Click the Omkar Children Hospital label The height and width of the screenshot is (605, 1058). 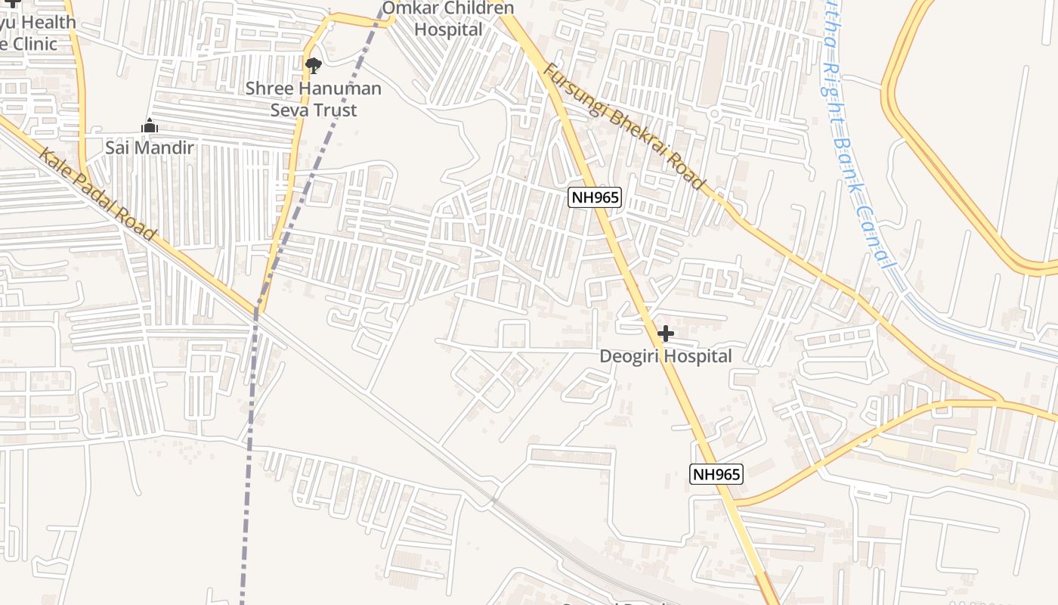click(x=448, y=19)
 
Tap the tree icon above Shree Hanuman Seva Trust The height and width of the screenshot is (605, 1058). click(x=313, y=66)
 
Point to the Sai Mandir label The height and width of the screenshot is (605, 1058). click(x=150, y=147)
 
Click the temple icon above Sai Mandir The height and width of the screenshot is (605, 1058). click(x=150, y=126)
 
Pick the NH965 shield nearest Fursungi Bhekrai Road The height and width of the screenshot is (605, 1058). click(x=595, y=198)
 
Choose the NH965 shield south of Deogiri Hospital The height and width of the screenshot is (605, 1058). click(x=716, y=474)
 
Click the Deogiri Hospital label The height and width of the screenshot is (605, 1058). click(x=666, y=356)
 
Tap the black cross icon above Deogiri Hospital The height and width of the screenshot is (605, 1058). click(x=666, y=334)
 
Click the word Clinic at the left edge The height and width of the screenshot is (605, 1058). click(x=30, y=44)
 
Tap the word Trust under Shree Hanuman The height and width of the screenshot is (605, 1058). click(x=336, y=110)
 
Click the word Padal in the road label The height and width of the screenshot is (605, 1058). click(x=101, y=197)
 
